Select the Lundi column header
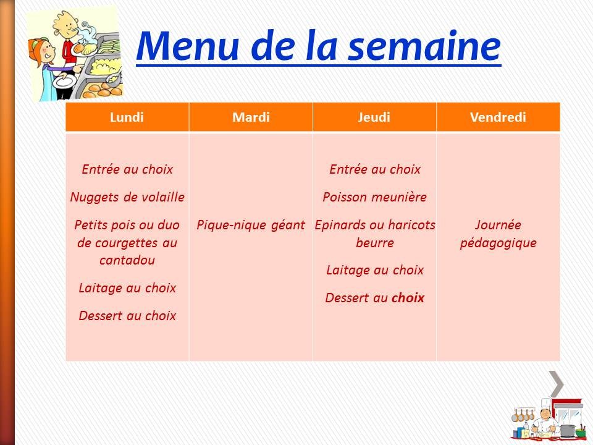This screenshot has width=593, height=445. coord(127,117)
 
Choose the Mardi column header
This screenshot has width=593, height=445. coord(251,117)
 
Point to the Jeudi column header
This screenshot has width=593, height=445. coord(374,117)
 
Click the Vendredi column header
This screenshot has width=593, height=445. coord(498,117)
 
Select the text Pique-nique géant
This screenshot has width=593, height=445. coord(251,226)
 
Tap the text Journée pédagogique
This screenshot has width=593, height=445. coord(498,234)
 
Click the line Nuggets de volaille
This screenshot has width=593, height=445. coord(127,197)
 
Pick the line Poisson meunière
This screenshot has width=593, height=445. coord(374,197)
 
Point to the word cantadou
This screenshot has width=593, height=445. coord(127,260)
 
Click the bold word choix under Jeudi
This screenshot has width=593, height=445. coord(408,298)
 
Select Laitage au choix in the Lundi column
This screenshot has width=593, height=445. coord(127,288)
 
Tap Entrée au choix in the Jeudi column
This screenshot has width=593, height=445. coord(374,169)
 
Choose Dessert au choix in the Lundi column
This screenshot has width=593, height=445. coord(127,316)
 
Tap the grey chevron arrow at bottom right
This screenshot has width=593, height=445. coord(557,383)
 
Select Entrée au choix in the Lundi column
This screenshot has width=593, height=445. coord(127,169)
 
